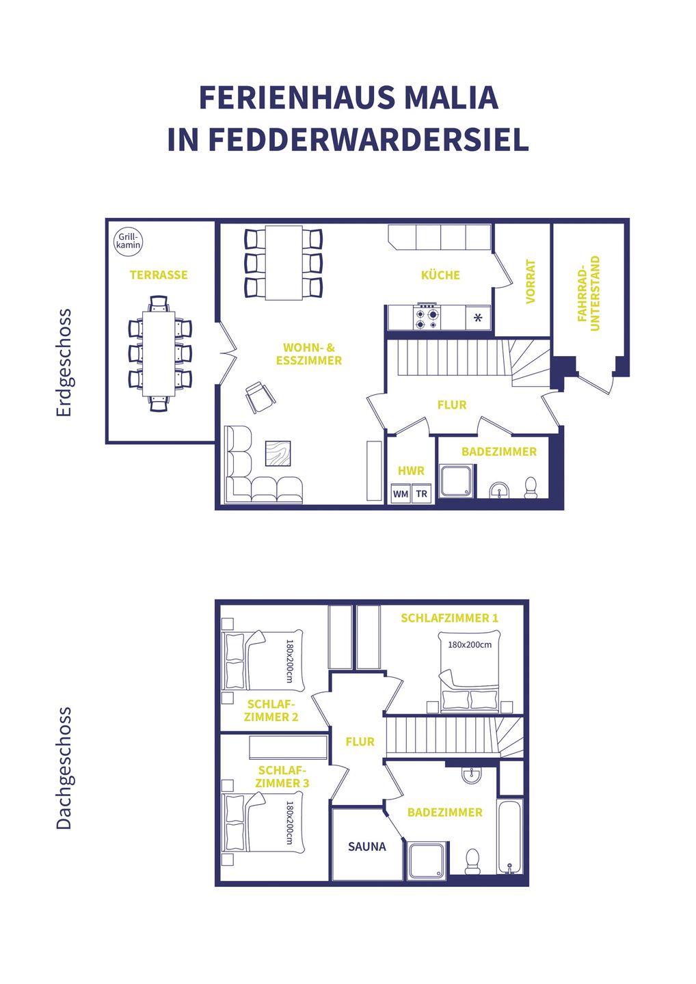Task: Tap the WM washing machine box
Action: pos(401,494)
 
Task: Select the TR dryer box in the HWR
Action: pos(421,494)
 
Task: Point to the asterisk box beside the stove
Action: pos(478,318)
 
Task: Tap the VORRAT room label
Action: pos(531,282)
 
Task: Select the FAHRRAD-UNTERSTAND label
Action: pos(589,293)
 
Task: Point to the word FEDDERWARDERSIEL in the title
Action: pos(369,139)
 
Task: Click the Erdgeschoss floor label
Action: pos(64,362)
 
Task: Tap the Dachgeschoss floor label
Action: pos(64,768)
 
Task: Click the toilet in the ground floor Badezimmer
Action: pos(531,488)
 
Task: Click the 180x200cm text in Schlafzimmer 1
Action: pos(470,645)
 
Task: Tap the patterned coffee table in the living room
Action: pos(278,453)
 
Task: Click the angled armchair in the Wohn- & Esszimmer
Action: pos(260,396)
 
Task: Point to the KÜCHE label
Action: pos(440,275)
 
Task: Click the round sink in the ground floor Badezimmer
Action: pos(499,490)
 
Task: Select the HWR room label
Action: pos(412,471)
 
